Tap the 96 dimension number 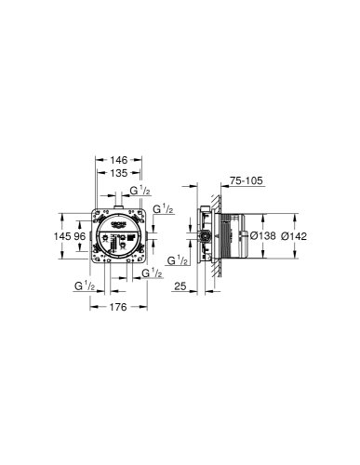[80, 236]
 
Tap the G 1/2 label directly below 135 [137, 192]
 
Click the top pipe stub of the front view [115, 201]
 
